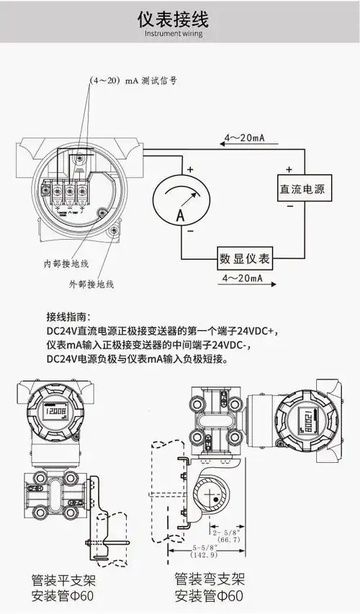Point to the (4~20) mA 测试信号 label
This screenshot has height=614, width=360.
(133, 81)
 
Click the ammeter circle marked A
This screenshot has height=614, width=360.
(181, 203)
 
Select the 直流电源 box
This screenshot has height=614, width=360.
(302, 190)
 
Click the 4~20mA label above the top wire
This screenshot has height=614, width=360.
(244, 137)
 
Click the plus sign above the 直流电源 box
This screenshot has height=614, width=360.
(289, 170)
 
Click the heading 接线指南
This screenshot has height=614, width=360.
(68, 317)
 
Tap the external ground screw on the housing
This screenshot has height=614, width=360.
(114, 231)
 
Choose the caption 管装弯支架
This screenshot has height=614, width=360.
(210, 579)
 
